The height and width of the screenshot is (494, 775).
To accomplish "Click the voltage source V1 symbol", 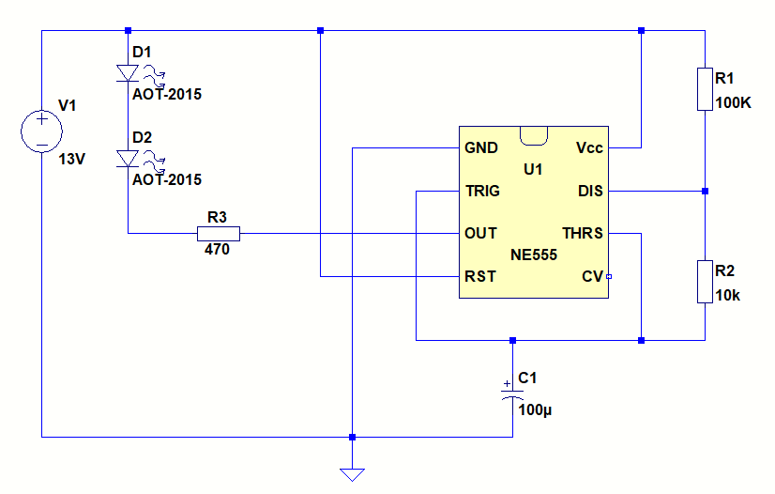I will point(42,131).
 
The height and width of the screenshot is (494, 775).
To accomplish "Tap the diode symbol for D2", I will point(129,160).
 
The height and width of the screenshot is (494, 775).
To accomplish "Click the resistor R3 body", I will point(218,233).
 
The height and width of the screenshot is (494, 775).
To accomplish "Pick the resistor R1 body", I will point(705,89).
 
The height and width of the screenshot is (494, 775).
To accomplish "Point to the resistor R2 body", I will point(705,282).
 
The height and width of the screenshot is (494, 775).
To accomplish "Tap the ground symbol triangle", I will point(352,473).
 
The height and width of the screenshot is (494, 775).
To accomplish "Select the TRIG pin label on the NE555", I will point(483,192).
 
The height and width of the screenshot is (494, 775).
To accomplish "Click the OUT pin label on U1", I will point(481,233).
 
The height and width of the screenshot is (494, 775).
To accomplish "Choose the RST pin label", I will point(480,276).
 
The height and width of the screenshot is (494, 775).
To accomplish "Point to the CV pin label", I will point(592,276).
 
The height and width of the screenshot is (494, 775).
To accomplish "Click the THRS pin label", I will point(582,233).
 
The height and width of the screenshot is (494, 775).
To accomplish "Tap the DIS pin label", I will point(590,192).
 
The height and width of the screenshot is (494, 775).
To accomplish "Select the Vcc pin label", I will point(589,148).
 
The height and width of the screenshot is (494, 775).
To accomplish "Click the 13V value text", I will point(71,160).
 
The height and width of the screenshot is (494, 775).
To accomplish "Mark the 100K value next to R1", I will point(734,103).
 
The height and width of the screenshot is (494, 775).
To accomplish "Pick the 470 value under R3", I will point(217,251).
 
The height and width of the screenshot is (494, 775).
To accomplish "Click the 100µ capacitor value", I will point(536,409).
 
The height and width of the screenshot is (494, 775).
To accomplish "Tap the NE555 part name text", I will point(534,255).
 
